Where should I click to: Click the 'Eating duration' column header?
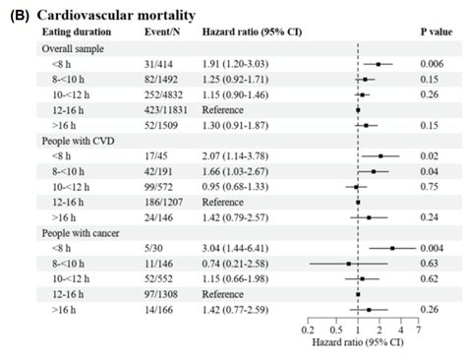click(76, 32)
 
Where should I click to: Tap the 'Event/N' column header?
click(161, 32)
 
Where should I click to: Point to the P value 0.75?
click(431, 185)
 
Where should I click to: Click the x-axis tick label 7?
click(419, 331)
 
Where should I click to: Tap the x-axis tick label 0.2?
click(308, 331)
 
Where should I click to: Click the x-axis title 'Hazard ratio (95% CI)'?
click(363, 345)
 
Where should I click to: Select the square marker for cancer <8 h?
click(392, 249)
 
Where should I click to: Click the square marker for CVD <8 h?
click(380, 155)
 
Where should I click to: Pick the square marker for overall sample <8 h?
click(378, 63)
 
